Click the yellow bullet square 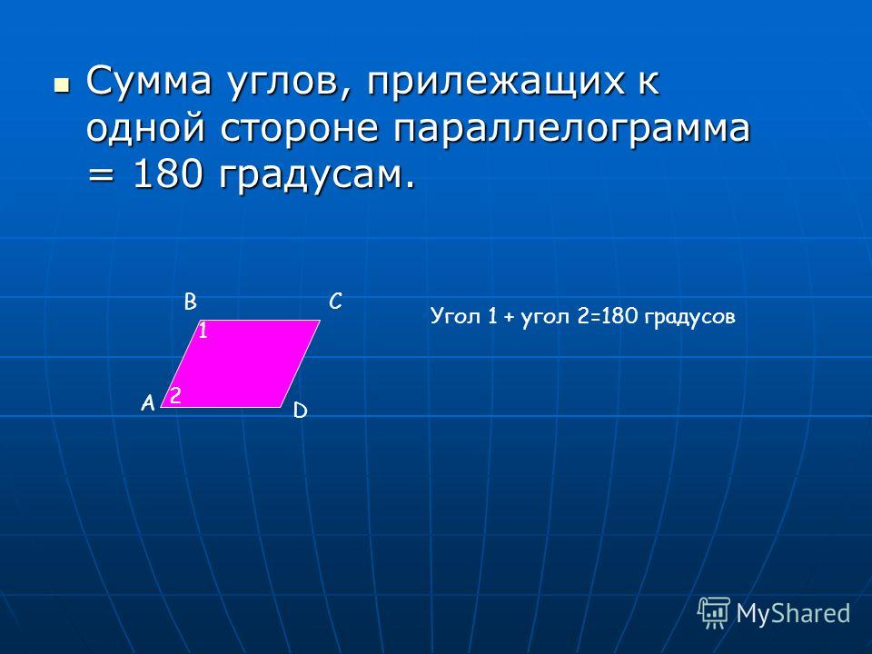(62, 85)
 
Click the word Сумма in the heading (149, 81)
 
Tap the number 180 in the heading (167, 175)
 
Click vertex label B (190, 302)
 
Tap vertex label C (335, 302)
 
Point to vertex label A (147, 402)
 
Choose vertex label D (301, 411)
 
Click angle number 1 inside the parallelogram (203, 331)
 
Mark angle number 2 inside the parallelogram (175, 395)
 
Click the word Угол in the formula (455, 316)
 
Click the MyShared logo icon (714, 613)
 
